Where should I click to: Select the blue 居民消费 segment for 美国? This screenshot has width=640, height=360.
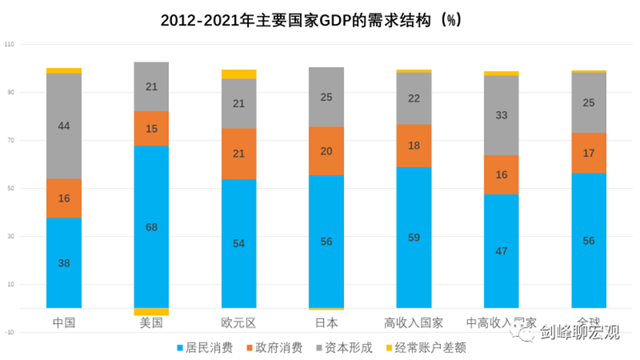click(151, 227)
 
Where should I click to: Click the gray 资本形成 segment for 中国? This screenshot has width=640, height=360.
click(64, 126)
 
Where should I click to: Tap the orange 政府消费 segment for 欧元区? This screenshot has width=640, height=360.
click(238, 153)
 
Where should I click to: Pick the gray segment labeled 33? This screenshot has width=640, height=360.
click(501, 115)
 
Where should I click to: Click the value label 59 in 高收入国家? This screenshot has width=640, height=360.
click(413, 237)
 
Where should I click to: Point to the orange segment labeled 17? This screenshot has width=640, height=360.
click(588, 153)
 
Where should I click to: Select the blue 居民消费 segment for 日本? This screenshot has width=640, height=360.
click(326, 241)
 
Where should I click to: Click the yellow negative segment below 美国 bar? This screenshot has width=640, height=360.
click(151, 311)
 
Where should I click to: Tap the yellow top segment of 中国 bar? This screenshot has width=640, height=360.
click(64, 70)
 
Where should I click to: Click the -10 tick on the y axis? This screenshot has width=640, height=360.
click(9, 332)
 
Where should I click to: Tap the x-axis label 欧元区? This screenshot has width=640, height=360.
click(238, 322)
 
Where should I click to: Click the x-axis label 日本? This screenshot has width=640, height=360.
click(326, 322)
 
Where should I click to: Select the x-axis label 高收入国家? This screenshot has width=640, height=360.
click(413, 322)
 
